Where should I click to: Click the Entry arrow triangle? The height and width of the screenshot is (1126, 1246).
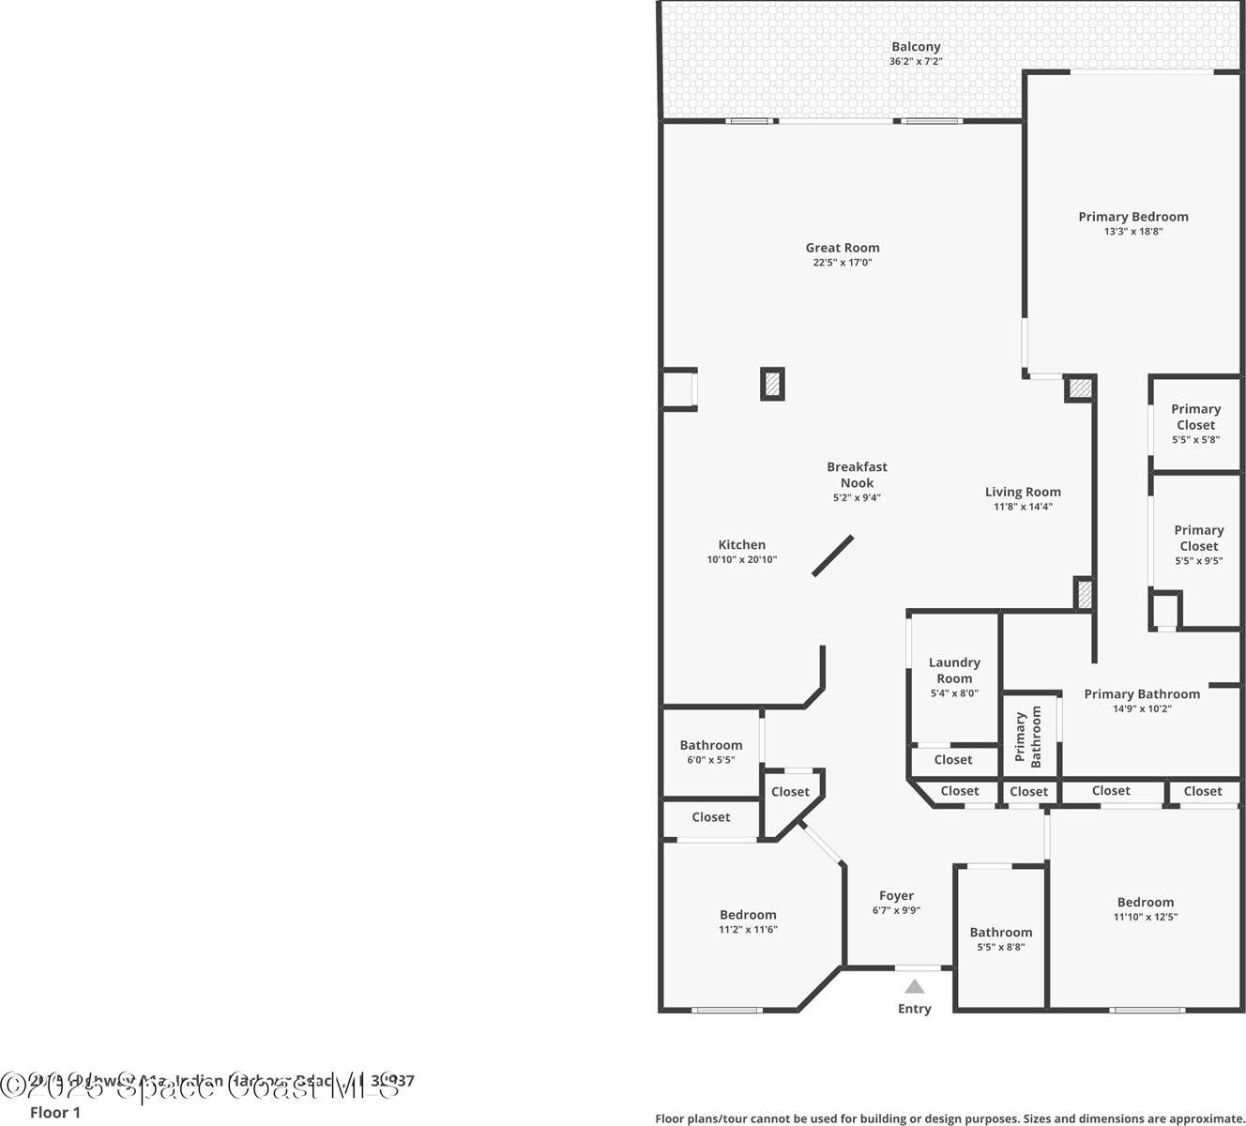pos(915,986)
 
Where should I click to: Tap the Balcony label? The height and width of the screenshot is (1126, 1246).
pos(916,47)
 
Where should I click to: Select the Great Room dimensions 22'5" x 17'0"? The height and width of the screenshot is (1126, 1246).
pos(843,263)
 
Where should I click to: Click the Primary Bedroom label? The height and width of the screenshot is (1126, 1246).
pos(1132,217)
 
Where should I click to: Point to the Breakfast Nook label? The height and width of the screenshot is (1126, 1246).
pos(857,474)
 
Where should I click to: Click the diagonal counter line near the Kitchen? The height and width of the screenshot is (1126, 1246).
pos(833,555)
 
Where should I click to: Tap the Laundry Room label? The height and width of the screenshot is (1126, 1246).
pos(954,670)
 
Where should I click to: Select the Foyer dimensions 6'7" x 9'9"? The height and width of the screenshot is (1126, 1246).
pos(896,910)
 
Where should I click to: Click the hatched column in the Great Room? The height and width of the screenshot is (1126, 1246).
pos(772,384)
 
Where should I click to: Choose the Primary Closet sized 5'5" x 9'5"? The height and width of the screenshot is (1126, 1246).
pos(1198,545)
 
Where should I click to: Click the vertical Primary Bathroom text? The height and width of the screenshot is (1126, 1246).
pos(1028,737)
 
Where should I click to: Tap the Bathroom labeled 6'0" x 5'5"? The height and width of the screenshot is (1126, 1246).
pos(711,752)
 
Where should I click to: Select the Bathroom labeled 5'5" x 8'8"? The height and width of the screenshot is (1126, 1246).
pos(1000,938)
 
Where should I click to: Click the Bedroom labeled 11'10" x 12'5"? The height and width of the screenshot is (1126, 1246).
pos(1145,908)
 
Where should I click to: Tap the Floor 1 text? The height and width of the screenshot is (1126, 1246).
pos(55,1113)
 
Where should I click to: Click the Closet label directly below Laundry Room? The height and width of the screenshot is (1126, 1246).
pos(953,760)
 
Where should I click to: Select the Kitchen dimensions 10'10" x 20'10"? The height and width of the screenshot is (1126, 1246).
pos(741,559)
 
